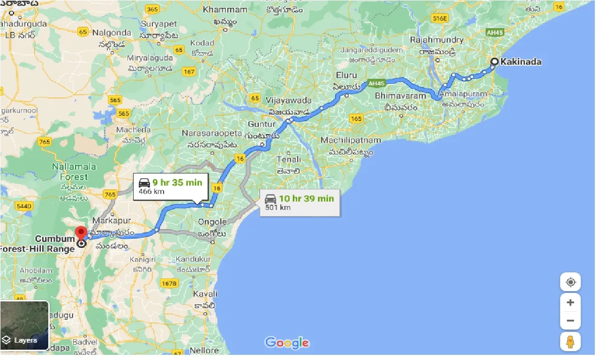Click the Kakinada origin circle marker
pyautogui.click(x=494, y=61)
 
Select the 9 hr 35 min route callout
pyautogui.click(x=170, y=187)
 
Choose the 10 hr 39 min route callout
pyautogui.click(x=300, y=202)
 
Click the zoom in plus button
pyautogui.click(x=570, y=302)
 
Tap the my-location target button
pyautogui.click(x=570, y=282)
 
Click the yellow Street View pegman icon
pyautogui.click(x=570, y=342)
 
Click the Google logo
pyautogui.click(x=287, y=343)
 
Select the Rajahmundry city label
pyautogui.click(x=437, y=40)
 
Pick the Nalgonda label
pyautogui.click(x=112, y=33)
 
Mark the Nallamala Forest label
pyautogui.click(x=74, y=172)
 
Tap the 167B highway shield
pyautogui.click(x=169, y=283)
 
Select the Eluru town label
pyautogui.click(x=346, y=75)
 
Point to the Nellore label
pyautogui.click(x=204, y=350)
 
